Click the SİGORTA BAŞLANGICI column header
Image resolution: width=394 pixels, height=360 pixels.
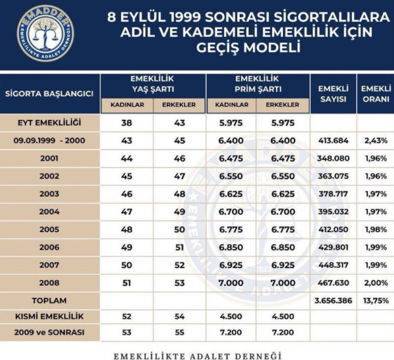[x=49, y=93]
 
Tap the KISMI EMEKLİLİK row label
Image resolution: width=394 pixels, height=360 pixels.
[x=49, y=315]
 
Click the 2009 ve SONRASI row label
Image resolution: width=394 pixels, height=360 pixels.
[x=49, y=333]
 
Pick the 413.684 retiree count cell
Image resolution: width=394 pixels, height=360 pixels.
[x=333, y=139]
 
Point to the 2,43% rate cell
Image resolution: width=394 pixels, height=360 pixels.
[x=374, y=139]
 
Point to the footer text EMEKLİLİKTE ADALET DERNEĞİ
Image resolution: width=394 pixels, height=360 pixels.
[x=197, y=352]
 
